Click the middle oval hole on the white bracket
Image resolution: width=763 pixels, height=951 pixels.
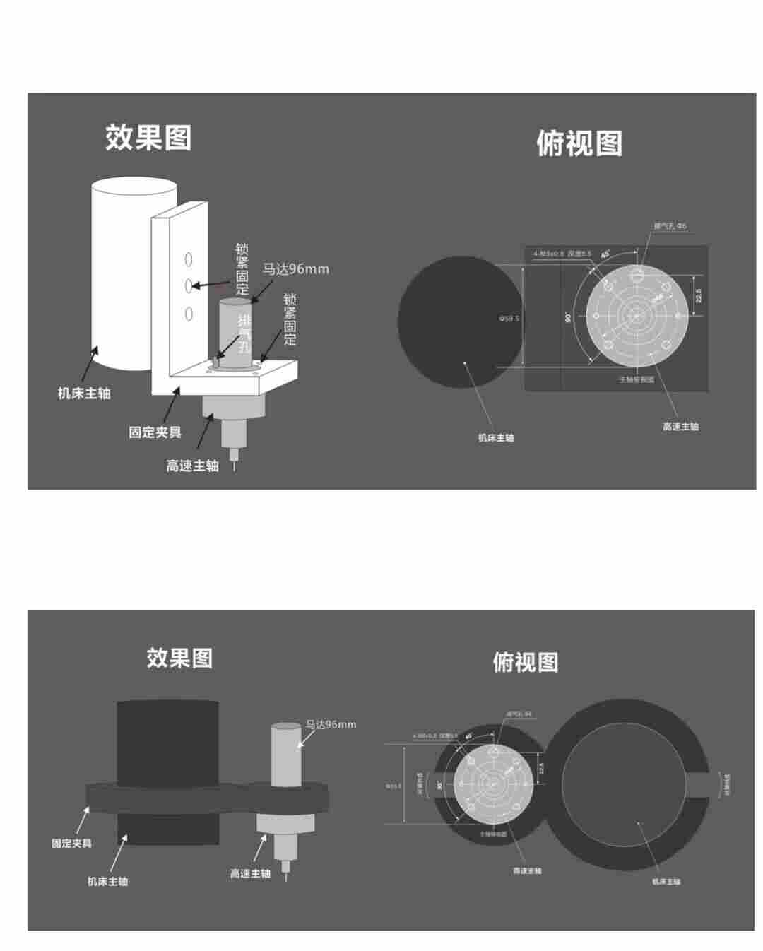pos(189,285)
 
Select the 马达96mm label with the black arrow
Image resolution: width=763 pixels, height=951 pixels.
pos(296,269)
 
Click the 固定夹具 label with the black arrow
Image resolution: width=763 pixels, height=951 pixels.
pos(155,432)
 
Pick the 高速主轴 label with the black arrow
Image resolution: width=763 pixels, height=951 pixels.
pos(192,466)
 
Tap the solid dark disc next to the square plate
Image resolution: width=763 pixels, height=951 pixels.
pos(460,319)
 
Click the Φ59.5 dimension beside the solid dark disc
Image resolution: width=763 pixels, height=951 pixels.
pos(509,319)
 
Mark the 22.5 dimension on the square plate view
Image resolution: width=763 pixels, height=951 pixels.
pos(699,295)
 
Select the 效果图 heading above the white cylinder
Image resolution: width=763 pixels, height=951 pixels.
pos(148,138)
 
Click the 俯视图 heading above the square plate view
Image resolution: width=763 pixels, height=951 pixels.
pos(579,143)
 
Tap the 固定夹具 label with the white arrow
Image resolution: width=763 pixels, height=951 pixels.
pos(71,843)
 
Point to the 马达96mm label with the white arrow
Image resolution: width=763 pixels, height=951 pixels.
pos(331,724)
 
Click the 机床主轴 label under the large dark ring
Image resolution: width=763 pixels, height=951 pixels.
pos(666,881)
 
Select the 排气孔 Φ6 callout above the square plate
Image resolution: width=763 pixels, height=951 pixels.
pos(670,226)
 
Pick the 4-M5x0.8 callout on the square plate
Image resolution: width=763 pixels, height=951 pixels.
pos(549,253)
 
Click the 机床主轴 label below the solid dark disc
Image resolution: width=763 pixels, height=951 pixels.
pos(496,438)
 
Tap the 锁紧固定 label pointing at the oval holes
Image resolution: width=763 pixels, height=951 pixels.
pos(242,269)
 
